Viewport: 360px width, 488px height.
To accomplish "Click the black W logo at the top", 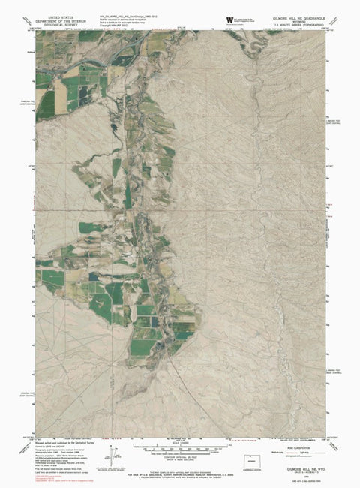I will [x=228, y=20].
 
